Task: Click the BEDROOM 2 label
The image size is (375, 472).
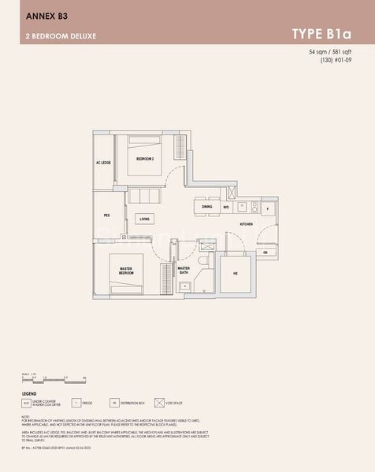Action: (x=144, y=159)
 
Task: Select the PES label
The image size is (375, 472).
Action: (x=106, y=215)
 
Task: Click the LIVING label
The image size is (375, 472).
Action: (x=144, y=219)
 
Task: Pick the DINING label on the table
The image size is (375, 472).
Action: (x=206, y=207)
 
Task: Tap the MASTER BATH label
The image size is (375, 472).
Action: (x=184, y=269)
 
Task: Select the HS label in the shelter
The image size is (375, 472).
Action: (x=235, y=274)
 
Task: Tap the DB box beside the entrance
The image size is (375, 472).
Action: (x=265, y=253)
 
